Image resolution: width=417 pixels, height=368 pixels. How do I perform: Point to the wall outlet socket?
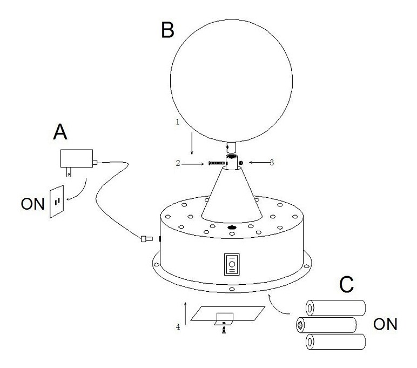pos(56,202)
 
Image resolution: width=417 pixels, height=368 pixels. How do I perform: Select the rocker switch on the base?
pos(231,265)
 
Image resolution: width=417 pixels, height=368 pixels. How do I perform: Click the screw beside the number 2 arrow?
pos(216,162)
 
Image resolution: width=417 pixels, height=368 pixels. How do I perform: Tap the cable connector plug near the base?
pos(144,238)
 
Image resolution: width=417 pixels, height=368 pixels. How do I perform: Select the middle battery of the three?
pos(326,325)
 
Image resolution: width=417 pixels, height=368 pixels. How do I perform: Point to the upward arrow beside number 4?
pos(185,313)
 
